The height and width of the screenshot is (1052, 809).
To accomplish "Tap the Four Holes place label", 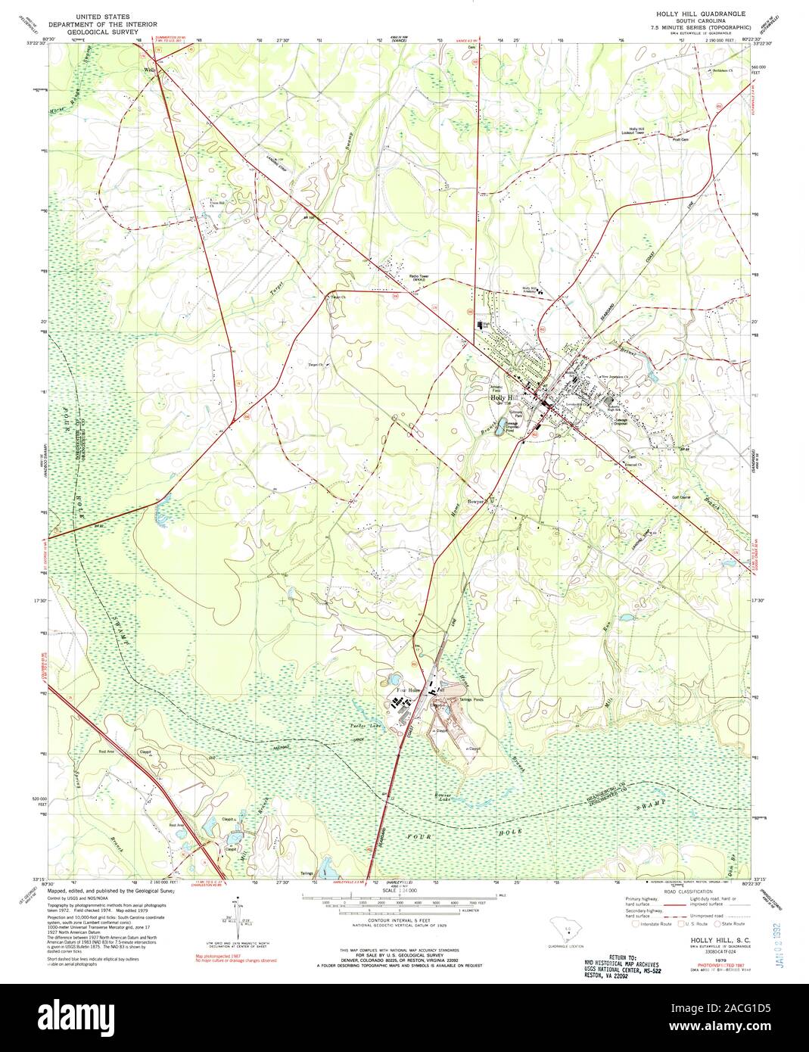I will click(x=408, y=690).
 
